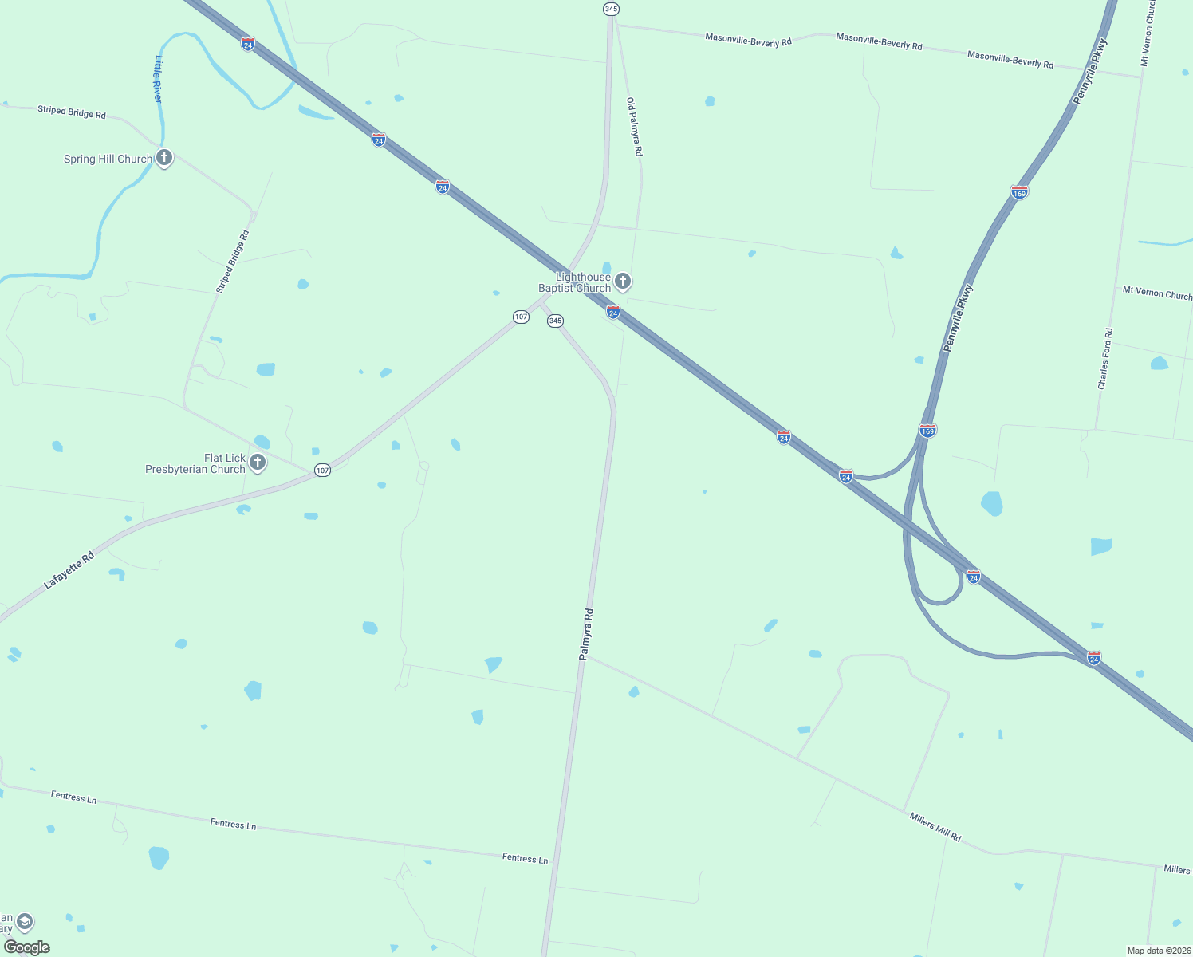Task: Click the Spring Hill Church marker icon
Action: pyautogui.click(x=164, y=158)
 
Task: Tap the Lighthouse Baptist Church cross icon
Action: pyautogui.click(x=623, y=281)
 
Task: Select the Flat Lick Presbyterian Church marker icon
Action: pyautogui.click(x=257, y=462)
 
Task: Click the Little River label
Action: pyautogui.click(x=158, y=79)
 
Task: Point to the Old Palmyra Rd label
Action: pyautogui.click(x=634, y=127)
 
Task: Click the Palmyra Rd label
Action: pyautogui.click(x=586, y=634)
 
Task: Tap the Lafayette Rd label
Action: pyautogui.click(x=69, y=570)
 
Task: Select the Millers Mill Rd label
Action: pyautogui.click(x=935, y=827)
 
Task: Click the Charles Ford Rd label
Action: pyautogui.click(x=1104, y=359)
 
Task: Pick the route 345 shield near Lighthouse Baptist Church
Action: pyautogui.click(x=555, y=321)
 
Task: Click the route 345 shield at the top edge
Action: pyautogui.click(x=611, y=9)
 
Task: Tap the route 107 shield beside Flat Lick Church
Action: pyautogui.click(x=322, y=471)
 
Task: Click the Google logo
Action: pyautogui.click(x=26, y=947)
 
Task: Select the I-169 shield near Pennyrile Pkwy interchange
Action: pyautogui.click(x=927, y=431)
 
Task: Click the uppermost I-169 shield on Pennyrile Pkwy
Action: pyautogui.click(x=1019, y=192)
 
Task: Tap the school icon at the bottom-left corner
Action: pyautogui.click(x=25, y=922)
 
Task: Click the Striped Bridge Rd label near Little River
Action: pyautogui.click(x=72, y=112)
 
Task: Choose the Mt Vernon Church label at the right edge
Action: pyautogui.click(x=1157, y=293)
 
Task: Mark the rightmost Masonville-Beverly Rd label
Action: pyautogui.click(x=1010, y=59)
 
